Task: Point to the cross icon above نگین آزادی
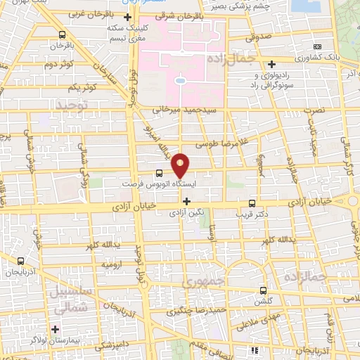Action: pyautogui.click(x=186, y=201)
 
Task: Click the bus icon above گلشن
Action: pyautogui.click(x=263, y=290)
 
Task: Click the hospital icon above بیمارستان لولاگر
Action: pyautogui.click(x=55, y=328)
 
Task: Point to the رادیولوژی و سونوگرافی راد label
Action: pyautogui.click(x=271, y=79)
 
